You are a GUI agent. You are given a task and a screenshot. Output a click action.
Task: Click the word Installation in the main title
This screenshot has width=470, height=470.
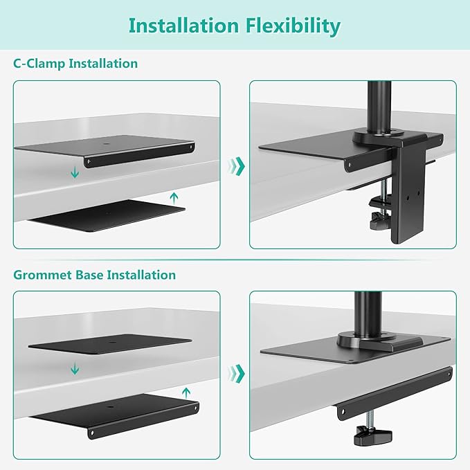pos(183,26)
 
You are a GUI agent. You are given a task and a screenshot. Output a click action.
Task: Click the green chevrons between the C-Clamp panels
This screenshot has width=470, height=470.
pos(237,165)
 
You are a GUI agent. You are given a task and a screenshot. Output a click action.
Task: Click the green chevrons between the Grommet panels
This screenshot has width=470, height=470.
pos(237,372)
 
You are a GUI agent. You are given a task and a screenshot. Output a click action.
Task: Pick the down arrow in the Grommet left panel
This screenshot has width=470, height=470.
pos(74,370)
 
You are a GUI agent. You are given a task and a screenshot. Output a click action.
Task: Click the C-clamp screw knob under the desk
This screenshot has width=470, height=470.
pos(378,222)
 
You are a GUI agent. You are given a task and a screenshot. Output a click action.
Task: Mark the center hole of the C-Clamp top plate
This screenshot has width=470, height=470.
pos(106,144)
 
